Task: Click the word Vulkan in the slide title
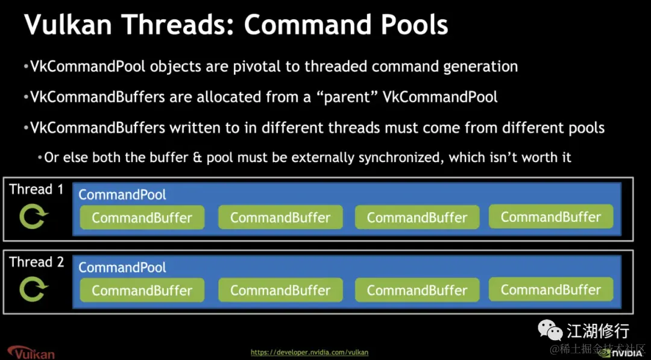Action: [68, 24]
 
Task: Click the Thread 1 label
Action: [37, 189]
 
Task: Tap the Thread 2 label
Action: [37, 262]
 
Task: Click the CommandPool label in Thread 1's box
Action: [122, 195]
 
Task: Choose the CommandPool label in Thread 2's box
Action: [122, 267]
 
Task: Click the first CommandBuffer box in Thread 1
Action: [142, 218]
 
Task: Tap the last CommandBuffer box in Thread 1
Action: [551, 216]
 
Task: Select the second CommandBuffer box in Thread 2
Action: [280, 290]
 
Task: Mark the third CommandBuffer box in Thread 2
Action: [417, 290]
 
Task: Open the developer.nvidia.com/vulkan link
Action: [309, 353]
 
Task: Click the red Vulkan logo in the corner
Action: [31, 352]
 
